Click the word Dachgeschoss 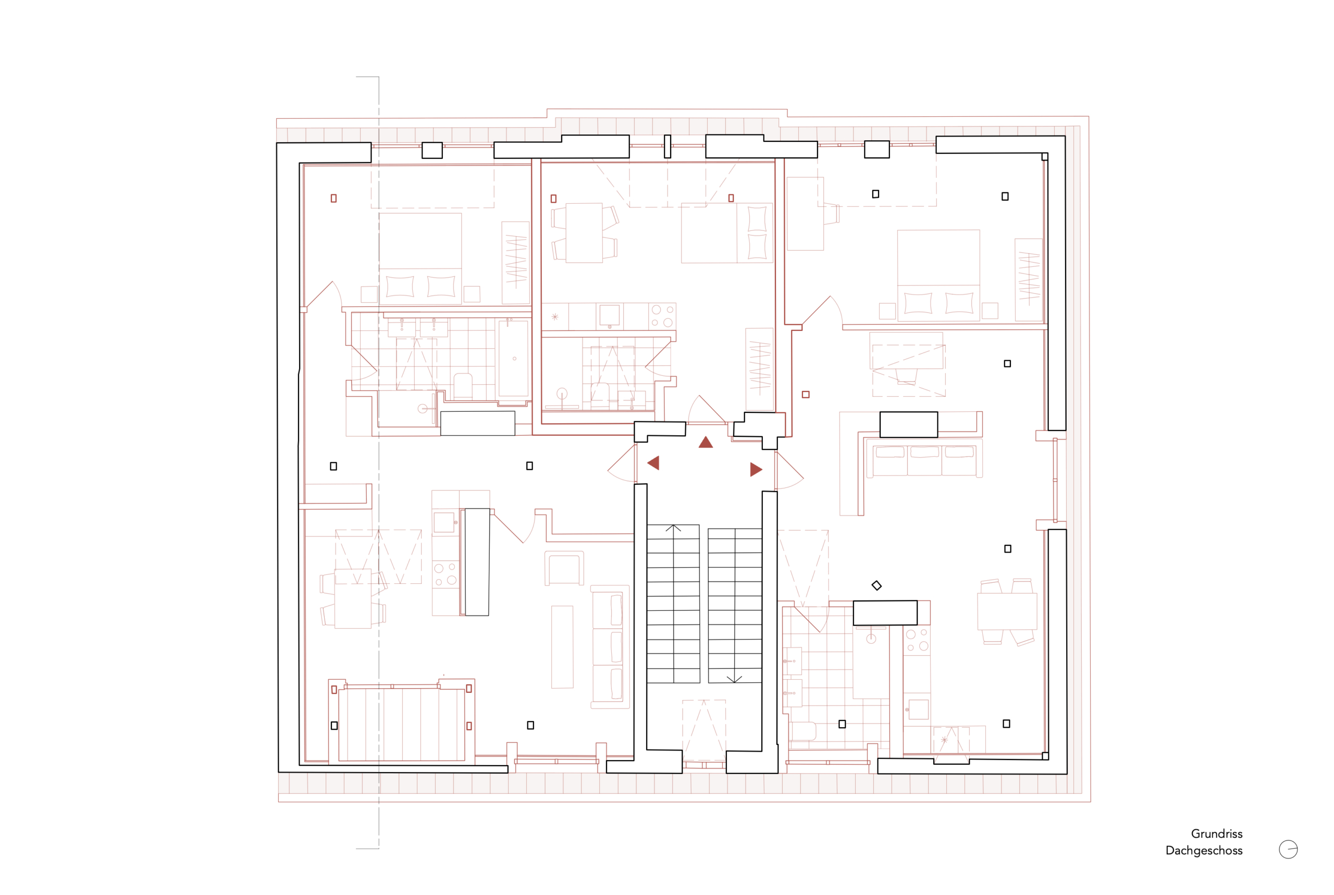(x=1204, y=851)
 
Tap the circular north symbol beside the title (x=1288, y=849)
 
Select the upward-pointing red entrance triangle (x=706, y=442)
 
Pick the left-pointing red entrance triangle (x=654, y=463)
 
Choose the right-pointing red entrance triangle (x=756, y=469)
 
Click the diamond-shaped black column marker (x=876, y=585)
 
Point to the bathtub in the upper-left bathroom (x=513, y=359)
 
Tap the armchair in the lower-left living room (x=564, y=568)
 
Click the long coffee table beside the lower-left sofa (x=562, y=647)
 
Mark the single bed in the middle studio (x=727, y=233)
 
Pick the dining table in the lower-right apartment (x=1007, y=611)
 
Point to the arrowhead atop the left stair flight (x=673, y=528)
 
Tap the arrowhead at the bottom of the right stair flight (x=734, y=679)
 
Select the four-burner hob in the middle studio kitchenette (x=662, y=316)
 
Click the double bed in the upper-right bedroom (x=938, y=276)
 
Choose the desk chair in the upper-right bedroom (x=831, y=214)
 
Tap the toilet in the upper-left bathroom (x=463, y=386)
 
